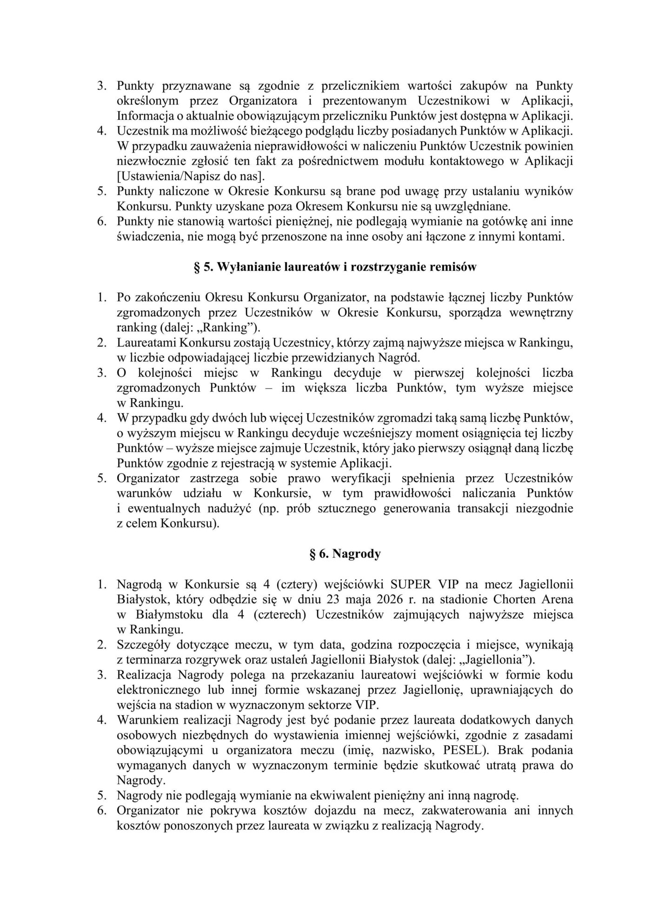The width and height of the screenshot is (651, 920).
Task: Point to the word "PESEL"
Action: click(x=488, y=750)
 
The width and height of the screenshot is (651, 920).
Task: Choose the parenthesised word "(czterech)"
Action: click(x=279, y=614)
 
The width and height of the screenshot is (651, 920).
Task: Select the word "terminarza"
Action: click(x=153, y=659)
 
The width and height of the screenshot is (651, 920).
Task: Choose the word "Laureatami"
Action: click(x=146, y=343)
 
